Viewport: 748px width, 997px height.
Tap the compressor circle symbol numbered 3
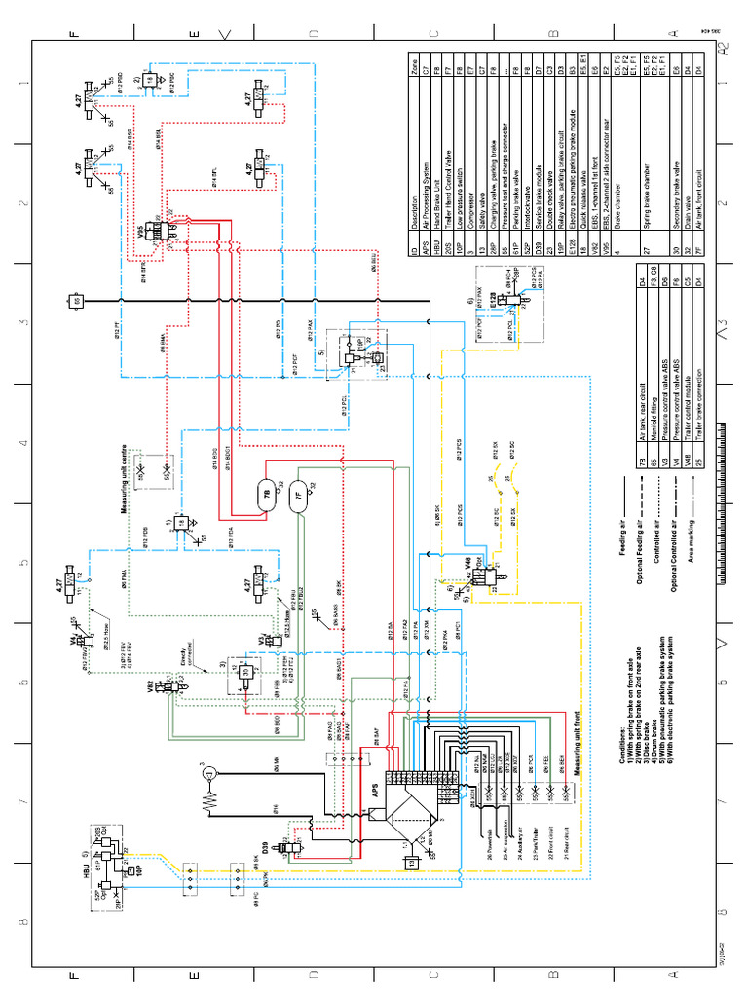(x=206, y=776)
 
